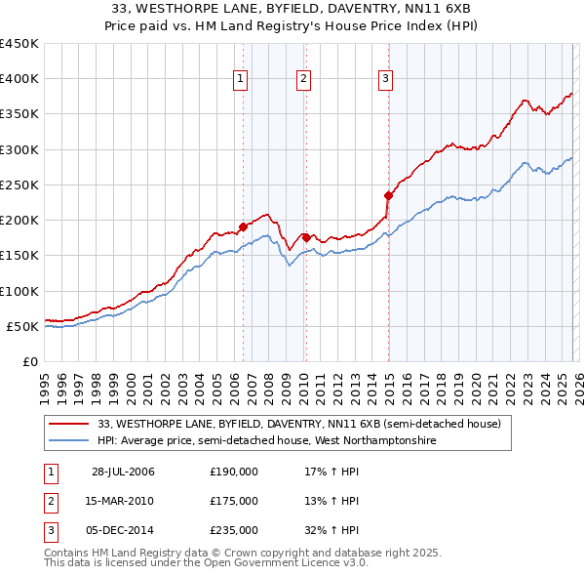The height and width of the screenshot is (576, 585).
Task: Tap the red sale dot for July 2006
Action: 243,227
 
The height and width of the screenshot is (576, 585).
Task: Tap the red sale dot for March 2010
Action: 305,237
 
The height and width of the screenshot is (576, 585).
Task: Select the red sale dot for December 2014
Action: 388,195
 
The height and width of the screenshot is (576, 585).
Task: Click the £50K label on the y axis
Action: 23,326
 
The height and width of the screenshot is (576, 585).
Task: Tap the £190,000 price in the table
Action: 233,472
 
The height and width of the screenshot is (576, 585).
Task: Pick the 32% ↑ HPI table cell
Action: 331,530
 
